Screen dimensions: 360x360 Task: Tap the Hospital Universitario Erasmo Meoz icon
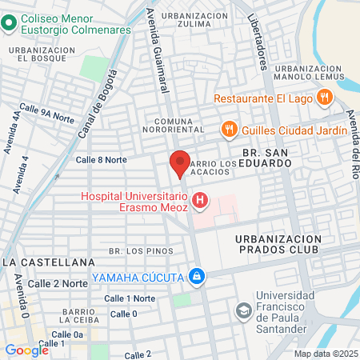coord(199,200)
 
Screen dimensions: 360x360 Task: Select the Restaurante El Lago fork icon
coord(324,98)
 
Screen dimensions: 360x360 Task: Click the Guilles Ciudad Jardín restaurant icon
coord(229,130)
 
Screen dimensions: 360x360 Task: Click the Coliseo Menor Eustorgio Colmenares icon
coord(9,22)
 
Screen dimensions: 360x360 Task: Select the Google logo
coord(26,350)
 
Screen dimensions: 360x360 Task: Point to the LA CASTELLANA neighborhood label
coord(48,262)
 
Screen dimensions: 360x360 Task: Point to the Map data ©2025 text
coord(326,354)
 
